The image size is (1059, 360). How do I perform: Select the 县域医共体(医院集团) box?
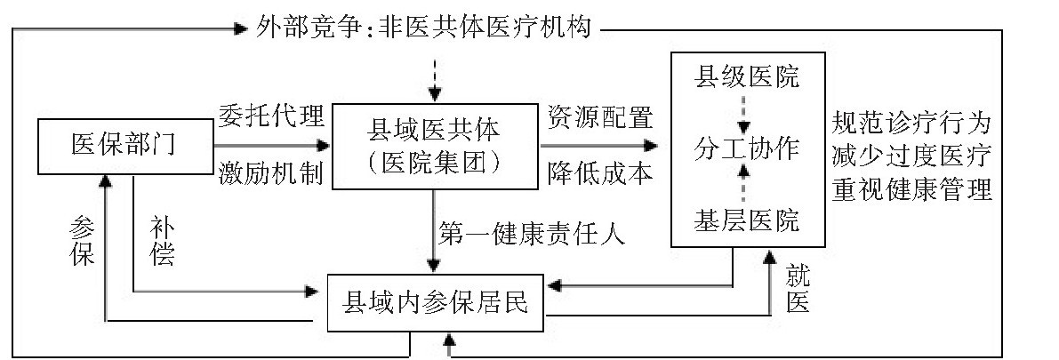coord(433,147)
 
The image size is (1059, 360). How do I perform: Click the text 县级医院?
coord(746,76)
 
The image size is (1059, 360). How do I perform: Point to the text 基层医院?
coord(746,220)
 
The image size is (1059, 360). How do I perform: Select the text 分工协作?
coord(746,147)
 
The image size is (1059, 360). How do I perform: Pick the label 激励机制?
coord(271,172)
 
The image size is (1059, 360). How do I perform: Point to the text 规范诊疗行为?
coord(911,122)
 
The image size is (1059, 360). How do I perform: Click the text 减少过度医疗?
coord(911,156)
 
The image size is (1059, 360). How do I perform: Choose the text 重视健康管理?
coord(911,190)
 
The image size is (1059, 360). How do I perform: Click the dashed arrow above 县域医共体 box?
coord(433,79)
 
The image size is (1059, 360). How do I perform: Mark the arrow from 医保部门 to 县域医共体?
coord(271,146)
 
